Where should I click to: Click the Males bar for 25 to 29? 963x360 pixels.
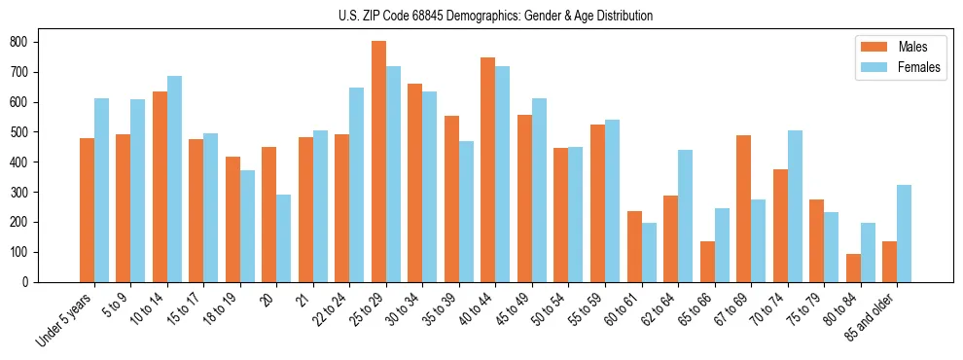click(378, 162)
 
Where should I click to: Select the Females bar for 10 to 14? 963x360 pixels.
click(174, 179)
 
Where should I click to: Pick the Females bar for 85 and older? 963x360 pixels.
click(904, 234)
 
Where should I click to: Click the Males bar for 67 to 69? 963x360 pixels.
click(743, 208)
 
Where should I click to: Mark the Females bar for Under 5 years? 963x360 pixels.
click(101, 191)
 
